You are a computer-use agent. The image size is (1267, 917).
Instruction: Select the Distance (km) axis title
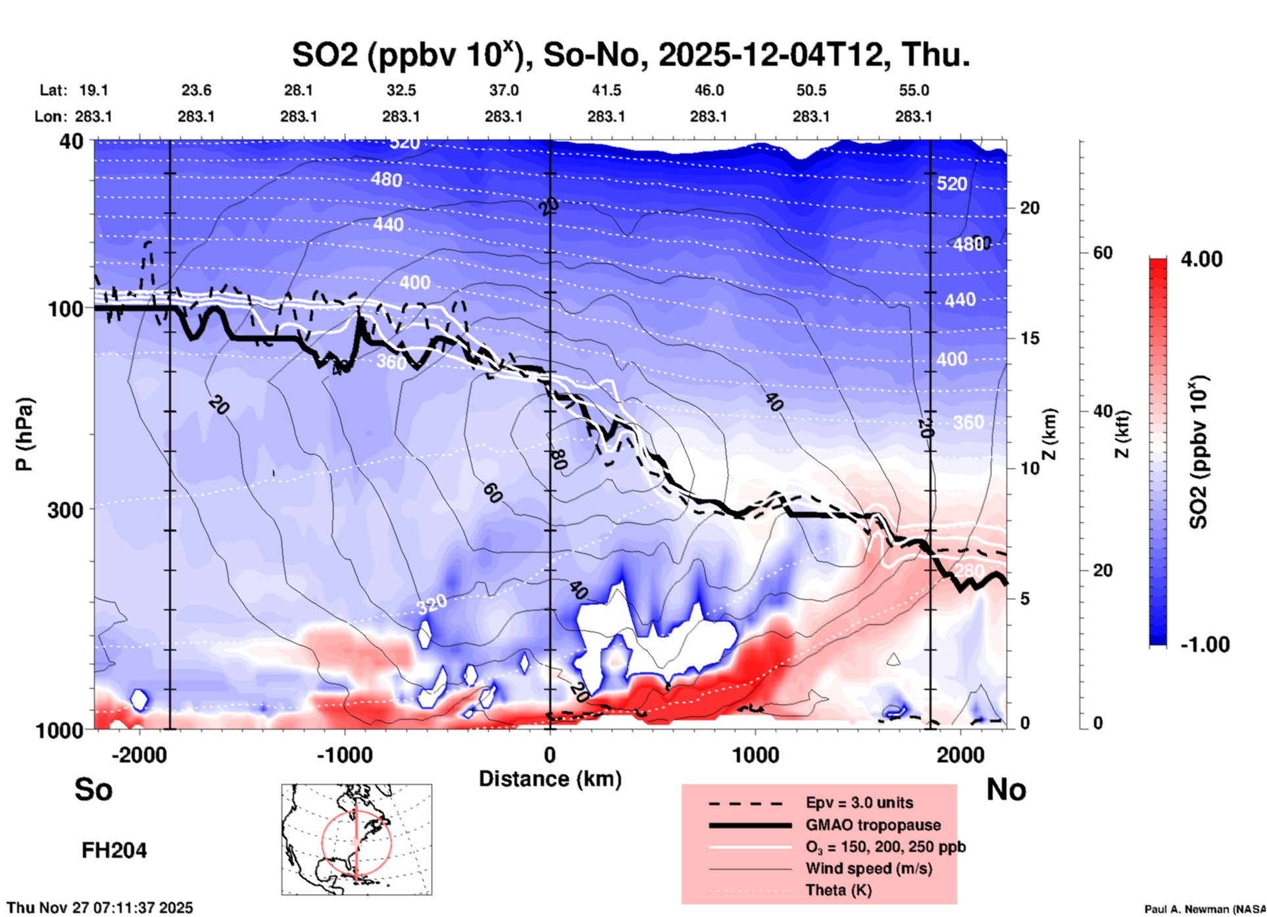[550, 779]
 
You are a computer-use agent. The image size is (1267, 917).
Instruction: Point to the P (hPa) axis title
[24, 434]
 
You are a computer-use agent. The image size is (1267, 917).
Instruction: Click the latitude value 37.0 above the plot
[503, 90]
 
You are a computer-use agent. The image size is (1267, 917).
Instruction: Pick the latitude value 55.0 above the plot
[914, 90]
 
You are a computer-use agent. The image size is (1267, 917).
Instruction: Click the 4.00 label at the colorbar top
[1201, 259]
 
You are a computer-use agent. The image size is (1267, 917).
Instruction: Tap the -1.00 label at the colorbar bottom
[1205, 645]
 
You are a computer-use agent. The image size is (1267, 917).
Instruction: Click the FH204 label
[114, 851]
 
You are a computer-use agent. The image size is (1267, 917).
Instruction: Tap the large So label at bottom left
[93, 789]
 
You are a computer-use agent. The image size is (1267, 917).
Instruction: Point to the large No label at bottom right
[1006, 789]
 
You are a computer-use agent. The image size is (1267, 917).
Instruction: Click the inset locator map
[357, 839]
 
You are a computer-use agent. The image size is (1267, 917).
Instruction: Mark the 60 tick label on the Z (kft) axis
[1103, 253]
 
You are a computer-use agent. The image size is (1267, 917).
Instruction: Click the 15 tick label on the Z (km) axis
[1030, 338]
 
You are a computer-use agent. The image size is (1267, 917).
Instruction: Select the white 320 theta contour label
[432, 603]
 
